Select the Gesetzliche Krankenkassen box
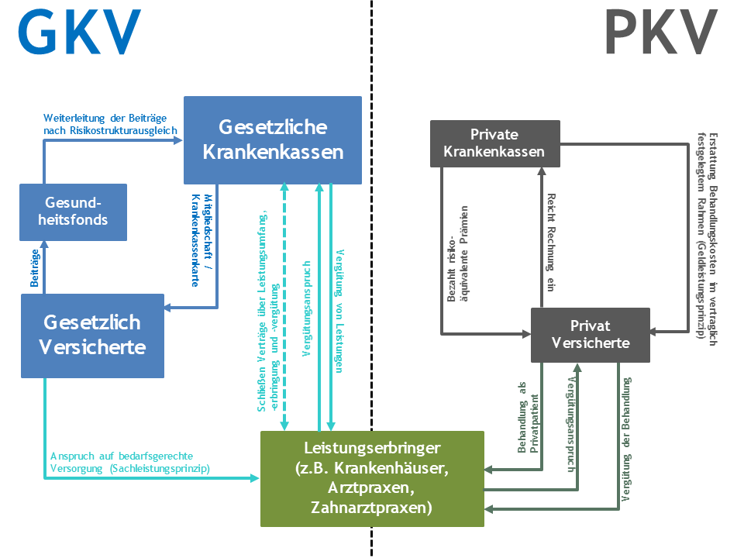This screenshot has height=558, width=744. (x=273, y=139)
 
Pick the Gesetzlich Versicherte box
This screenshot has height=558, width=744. (x=92, y=335)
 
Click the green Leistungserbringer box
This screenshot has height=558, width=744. (x=373, y=479)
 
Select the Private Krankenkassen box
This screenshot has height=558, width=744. (x=494, y=143)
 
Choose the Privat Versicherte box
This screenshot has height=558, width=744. (x=590, y=334)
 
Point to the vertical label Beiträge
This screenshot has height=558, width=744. (x=35, y=269)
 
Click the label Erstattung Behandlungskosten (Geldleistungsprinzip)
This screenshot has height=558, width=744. (x=706, y=232)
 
